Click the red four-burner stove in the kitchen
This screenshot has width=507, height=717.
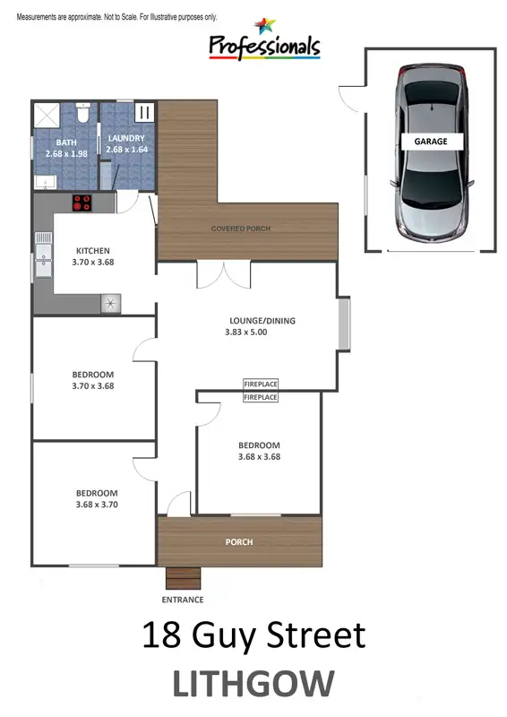click(x=82, y=203)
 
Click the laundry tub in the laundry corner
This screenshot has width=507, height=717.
click(x=145, y=114)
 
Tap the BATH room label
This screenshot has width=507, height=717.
click(x=66, y=143)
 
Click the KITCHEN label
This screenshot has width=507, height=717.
click(x=93, y=251)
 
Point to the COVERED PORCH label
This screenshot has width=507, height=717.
click(x=240, y=229)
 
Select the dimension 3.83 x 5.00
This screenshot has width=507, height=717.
click(x=246, y=332)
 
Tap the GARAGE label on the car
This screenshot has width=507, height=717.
click(x=431, y=142)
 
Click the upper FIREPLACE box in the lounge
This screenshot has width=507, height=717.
click(x=261, y=384)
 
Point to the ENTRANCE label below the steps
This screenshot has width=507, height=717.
click(x=182, y=600)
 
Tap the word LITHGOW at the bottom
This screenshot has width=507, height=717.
click(x=253, y=684)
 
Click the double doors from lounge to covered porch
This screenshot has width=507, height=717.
click(x=222, y=274)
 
